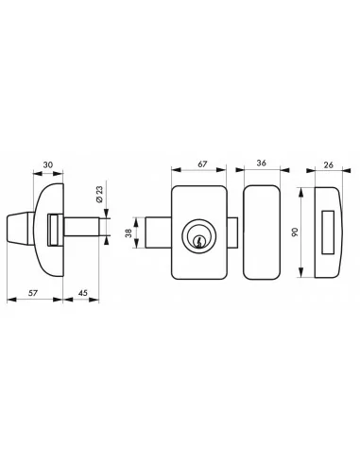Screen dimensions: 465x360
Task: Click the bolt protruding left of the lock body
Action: click(x=159, y=231)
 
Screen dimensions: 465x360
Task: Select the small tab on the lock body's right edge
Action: click(x=232, y=232)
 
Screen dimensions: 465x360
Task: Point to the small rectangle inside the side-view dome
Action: click(x=56, y=229)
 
